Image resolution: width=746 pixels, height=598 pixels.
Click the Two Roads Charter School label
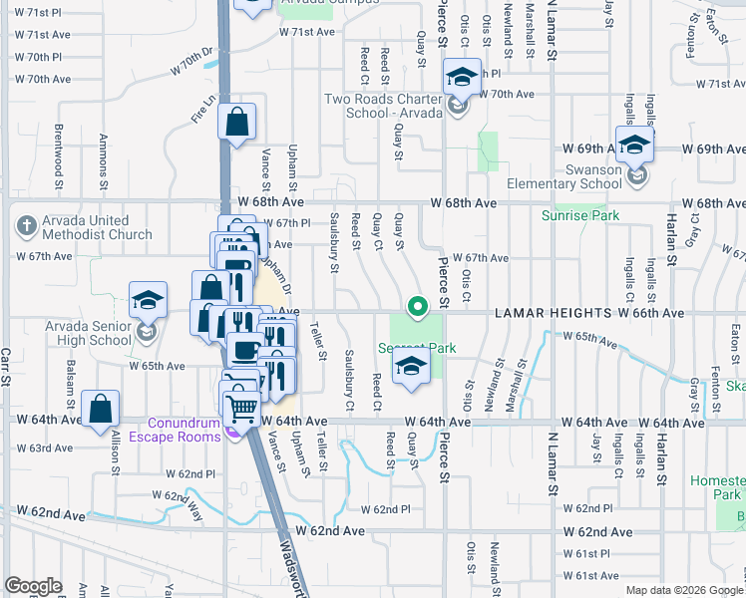(382, 106)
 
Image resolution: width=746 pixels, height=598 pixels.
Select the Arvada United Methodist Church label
(85, 227)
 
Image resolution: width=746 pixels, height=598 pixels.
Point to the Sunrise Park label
(580, 215)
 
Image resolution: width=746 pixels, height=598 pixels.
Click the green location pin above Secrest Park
(418, 307)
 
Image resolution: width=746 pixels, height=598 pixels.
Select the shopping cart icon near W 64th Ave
(242, 406)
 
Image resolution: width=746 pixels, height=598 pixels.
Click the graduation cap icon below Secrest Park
(410, 367)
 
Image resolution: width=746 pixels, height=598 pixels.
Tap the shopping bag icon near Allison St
(101, 409)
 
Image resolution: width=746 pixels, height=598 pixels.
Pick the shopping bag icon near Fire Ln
(237, 123)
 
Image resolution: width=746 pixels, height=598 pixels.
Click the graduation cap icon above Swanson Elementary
(634, 146)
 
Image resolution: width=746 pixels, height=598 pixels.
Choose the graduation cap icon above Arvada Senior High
(147, 299)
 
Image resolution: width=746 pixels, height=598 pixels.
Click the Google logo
(33, 586)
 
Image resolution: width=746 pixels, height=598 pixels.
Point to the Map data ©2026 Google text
(683, 589)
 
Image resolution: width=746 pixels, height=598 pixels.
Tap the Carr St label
(5, 368)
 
